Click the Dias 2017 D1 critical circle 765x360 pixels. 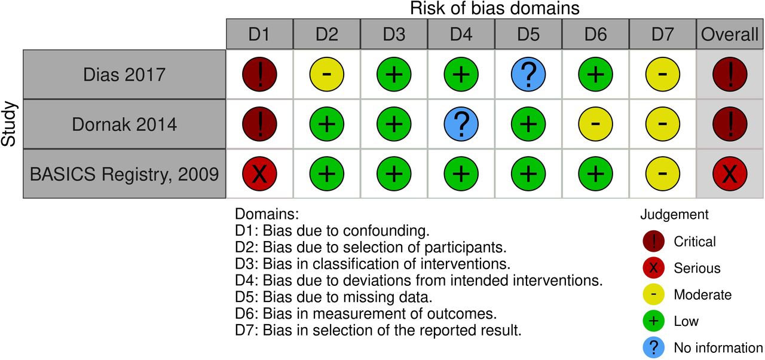(259, 75)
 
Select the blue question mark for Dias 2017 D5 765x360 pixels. (528, 75)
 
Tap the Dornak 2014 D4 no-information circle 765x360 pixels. (461, 124)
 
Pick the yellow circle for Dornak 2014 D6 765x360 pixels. (595, 124)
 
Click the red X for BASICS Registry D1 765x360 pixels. (259, 173)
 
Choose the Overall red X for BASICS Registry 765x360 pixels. (730, 173)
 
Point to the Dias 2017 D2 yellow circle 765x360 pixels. (327, 75)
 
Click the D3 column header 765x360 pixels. (394, 34)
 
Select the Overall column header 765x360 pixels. (730, 34)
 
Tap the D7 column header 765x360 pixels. (663, 34)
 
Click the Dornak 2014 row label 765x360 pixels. (124, 124)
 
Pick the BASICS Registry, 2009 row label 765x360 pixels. (124, 174)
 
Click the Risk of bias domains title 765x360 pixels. (494, 8)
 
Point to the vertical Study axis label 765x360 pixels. (8, 124)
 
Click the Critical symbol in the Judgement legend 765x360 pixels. (653, 241)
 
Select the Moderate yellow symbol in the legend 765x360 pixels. (653, 294)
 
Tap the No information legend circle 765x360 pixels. (653, 347)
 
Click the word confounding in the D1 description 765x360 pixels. (386, 231)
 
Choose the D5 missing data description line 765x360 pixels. (333, 297)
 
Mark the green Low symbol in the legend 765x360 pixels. (653, 321)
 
